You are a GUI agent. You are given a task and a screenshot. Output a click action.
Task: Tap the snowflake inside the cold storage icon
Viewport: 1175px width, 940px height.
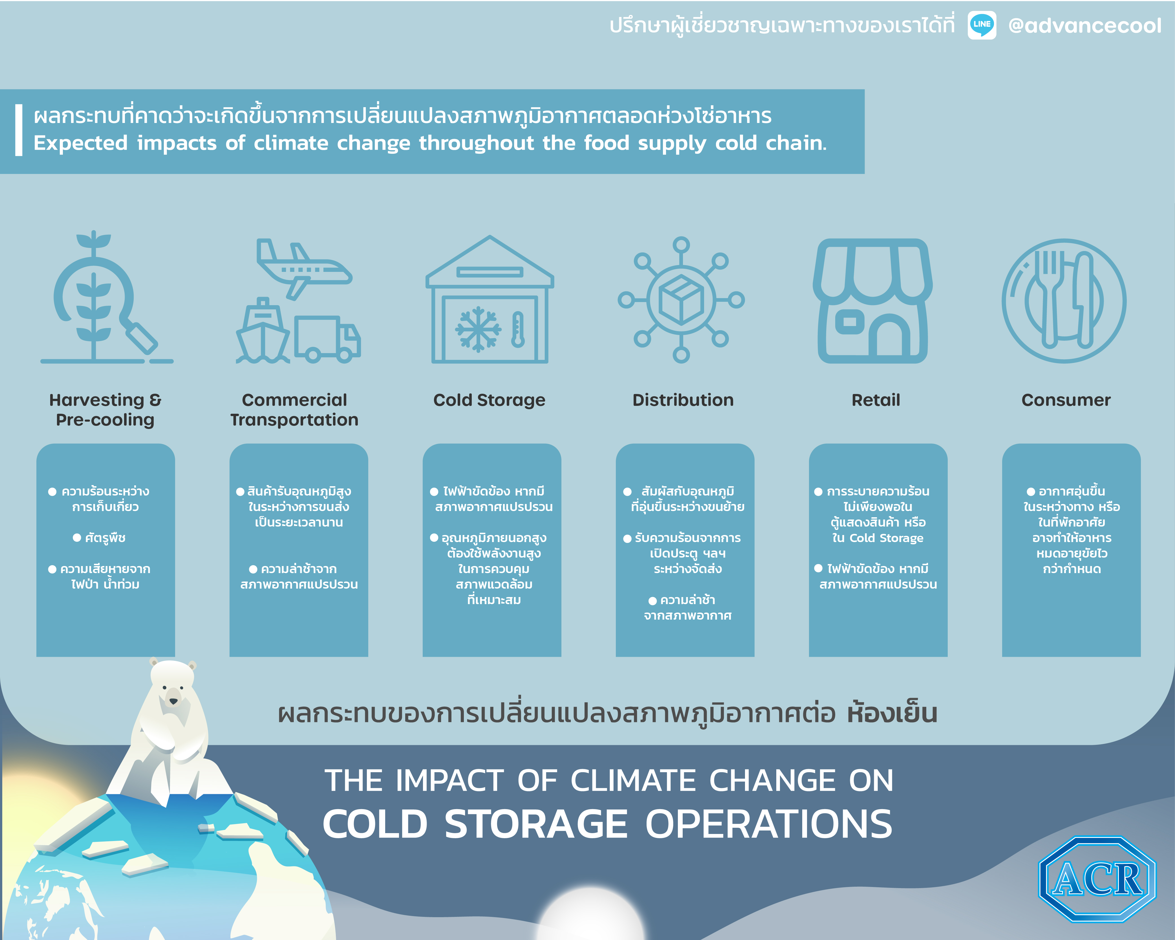[478, 329]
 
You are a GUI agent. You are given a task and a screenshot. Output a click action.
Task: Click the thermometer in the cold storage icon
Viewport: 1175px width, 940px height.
[518, 329]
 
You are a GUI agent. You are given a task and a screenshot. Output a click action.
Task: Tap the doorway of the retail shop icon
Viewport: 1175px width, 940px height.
[889, 335]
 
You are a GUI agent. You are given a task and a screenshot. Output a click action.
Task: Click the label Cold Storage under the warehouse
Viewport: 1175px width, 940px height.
[489, 400]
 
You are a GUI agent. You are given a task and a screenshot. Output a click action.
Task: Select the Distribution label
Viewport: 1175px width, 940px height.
[683, 400]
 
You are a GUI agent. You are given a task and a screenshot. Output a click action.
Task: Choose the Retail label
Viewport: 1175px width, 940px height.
[876, 400]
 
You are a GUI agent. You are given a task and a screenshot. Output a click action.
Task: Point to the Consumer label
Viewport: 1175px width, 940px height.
[1066, 400]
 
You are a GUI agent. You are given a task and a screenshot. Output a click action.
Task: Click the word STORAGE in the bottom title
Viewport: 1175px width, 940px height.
[536, 824]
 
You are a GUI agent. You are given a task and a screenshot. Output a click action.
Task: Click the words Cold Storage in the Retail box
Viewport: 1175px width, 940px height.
[887, 538]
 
